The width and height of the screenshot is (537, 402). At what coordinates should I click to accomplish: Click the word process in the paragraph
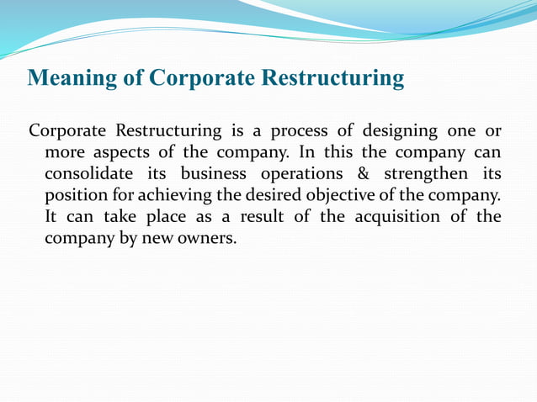pos(301,132)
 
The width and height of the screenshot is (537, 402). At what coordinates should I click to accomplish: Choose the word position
pos(75,196)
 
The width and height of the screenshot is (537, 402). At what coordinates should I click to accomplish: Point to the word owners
pos(205,238)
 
